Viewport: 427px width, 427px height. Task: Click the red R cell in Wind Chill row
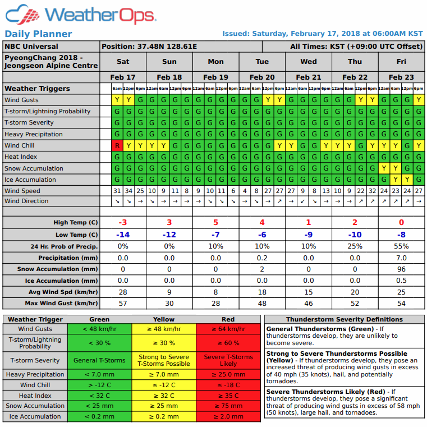[117, 145]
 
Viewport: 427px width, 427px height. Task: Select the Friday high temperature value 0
[401, 223]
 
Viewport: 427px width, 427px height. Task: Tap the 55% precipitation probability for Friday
[401, 246]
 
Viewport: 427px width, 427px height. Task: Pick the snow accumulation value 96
[401, 269]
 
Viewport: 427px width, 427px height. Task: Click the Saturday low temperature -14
[122, 235]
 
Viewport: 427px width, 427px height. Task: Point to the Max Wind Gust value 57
[122, 304]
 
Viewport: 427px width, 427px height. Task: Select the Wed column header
[308, 62]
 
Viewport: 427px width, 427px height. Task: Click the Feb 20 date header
[262, 77]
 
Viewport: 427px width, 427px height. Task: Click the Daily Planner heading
[38, 34]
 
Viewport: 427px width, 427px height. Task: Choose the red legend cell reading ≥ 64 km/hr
[228, 329]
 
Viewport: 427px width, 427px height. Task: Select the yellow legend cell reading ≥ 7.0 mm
[164, 374]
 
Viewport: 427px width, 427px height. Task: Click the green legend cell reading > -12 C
[99, 385]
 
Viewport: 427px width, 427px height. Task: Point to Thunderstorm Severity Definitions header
[344, 319]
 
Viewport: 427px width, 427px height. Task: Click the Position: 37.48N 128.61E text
[149, 47]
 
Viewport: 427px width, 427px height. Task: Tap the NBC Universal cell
[31, 47]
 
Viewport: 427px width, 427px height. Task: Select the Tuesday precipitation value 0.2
[262, 258]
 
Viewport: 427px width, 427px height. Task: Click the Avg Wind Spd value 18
[262, 292]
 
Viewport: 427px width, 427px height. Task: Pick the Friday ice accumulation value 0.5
[401, 281]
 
